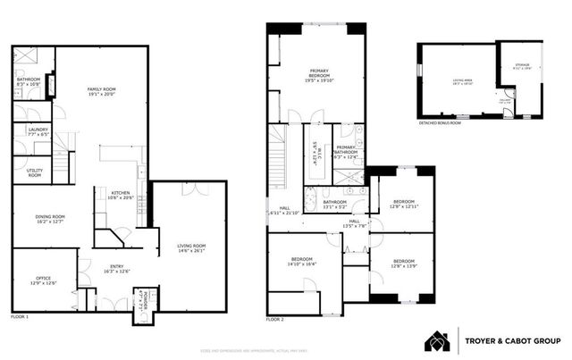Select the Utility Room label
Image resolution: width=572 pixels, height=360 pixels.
(35, 172)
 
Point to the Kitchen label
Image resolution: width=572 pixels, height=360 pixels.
(122, 195)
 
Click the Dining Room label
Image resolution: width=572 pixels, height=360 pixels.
(50, 220)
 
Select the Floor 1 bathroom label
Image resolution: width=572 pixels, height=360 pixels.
(29, 81)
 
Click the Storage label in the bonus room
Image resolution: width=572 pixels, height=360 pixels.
(520, 67)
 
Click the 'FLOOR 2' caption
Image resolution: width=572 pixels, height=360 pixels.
(275, 318)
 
